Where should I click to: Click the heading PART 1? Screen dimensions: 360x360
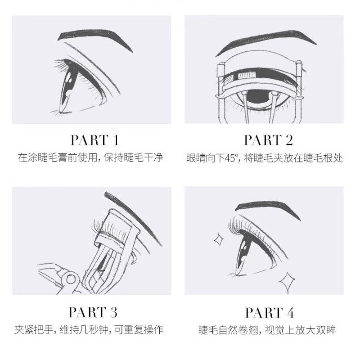[94, 140]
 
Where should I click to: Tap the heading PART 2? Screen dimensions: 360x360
[268, 140]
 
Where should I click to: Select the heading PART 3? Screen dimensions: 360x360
[94, 312]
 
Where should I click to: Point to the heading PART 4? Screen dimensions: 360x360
[268, 312]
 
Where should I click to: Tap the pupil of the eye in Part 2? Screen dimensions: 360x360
[262, 97]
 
